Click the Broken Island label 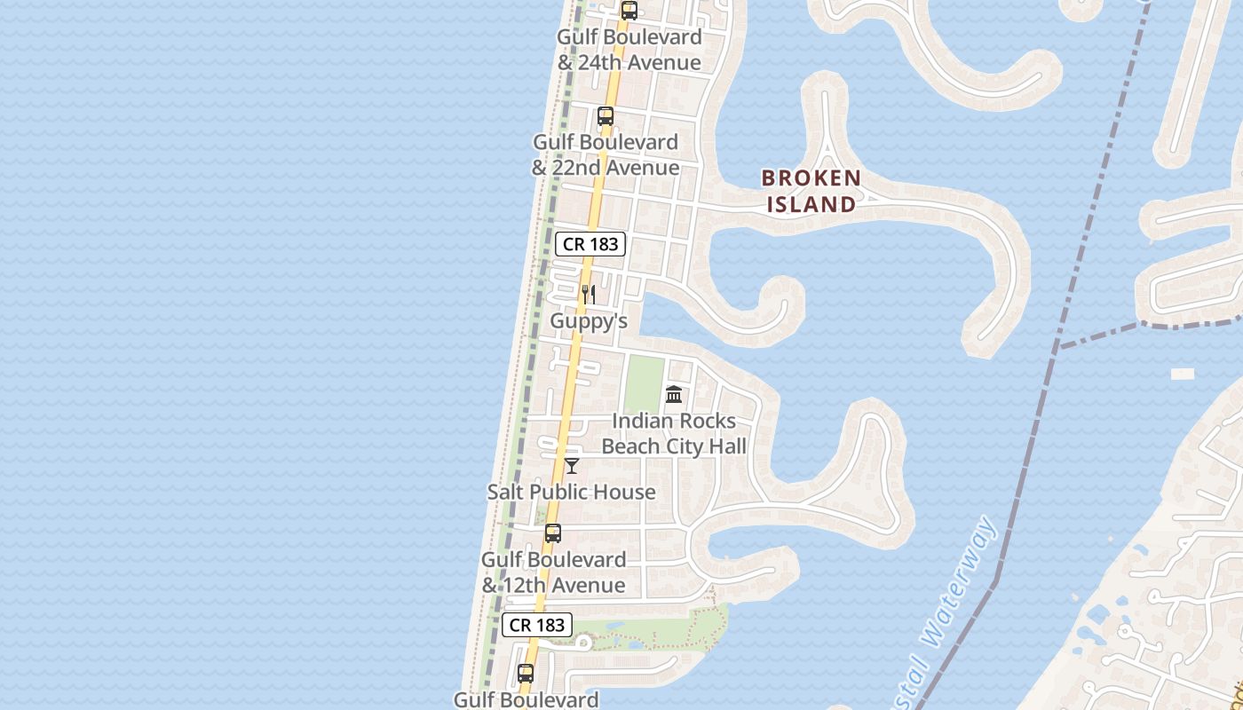(811, 191)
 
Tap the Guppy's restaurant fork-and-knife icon (589, 294)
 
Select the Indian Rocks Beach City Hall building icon (674, 394)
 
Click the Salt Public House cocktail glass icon (572, 465)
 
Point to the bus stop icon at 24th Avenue (629, 11)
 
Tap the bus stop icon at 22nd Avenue (606, 116)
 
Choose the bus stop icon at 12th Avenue (553, 533)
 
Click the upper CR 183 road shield (590, 244)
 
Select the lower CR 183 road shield (537, 625)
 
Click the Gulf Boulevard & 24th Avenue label (629, 50)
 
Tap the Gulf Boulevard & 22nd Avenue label (606, 154)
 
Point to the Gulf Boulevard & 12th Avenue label (553, 572)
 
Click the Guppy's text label (589, 321)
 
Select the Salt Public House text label (572, 492)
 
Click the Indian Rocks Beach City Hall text (674, 433)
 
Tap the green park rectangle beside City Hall (644, 383)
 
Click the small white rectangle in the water (1183, 375)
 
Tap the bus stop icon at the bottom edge (526, 674)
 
